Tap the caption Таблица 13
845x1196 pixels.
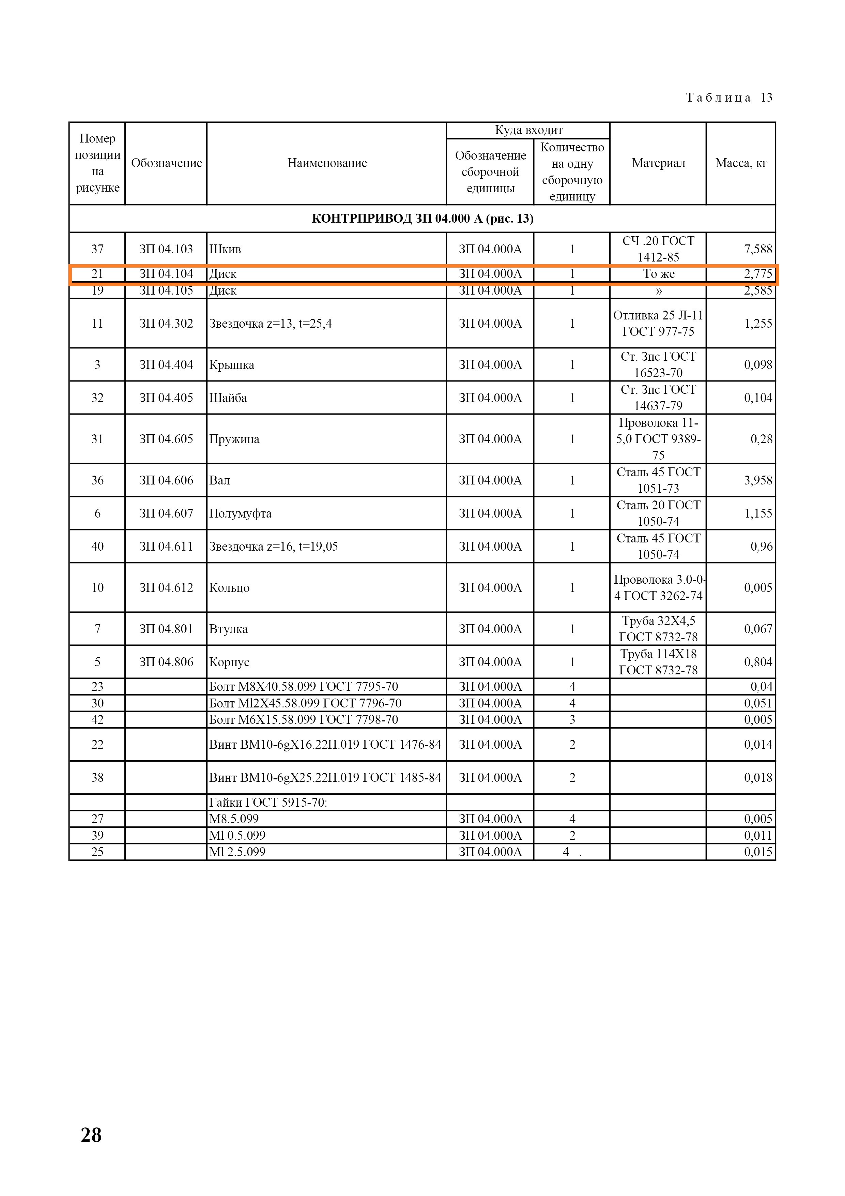[x=729, y=98]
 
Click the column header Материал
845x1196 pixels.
[x=658, y=163]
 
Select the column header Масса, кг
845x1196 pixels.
[x=740, y=163]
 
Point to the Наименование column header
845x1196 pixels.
[x=327, y=163]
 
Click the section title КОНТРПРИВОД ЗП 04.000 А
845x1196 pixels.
[x=422, y=218]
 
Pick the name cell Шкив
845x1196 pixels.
[x=226, y=249]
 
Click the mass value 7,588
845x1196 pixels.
[x=757, y=249]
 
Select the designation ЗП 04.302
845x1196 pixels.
[x=166, y=324]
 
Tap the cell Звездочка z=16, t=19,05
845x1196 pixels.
[x=273, y=547]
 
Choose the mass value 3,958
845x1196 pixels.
[x=757, y=480]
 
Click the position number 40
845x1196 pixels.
[x=97, y=547]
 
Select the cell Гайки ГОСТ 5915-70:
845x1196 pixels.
[x=268, y=802]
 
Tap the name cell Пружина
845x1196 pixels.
[x=234, y=439]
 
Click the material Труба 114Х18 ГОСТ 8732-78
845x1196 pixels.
[x=658, y=662]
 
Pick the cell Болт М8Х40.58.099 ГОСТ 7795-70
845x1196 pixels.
[x=304, y=687]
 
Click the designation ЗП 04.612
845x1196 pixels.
[x=166, y=587]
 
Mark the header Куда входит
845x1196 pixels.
[x=528, y=130]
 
